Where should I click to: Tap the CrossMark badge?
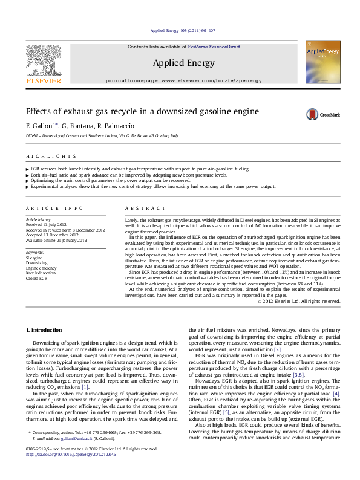[x=306, y=114]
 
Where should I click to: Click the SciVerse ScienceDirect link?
[x=214, y=47]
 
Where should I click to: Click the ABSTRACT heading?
[x=139, y=208]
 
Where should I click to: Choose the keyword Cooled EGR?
[x=37, y=280]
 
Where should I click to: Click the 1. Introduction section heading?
[x=46, y=329]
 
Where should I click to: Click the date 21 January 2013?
[x=69, y=241]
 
